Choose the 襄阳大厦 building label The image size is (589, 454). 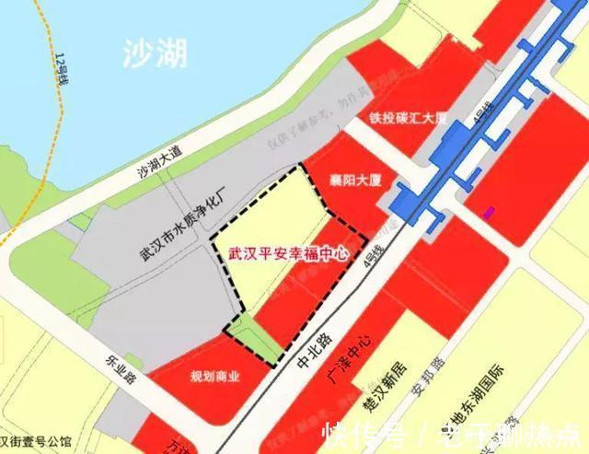355,179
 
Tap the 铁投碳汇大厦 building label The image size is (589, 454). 408,118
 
